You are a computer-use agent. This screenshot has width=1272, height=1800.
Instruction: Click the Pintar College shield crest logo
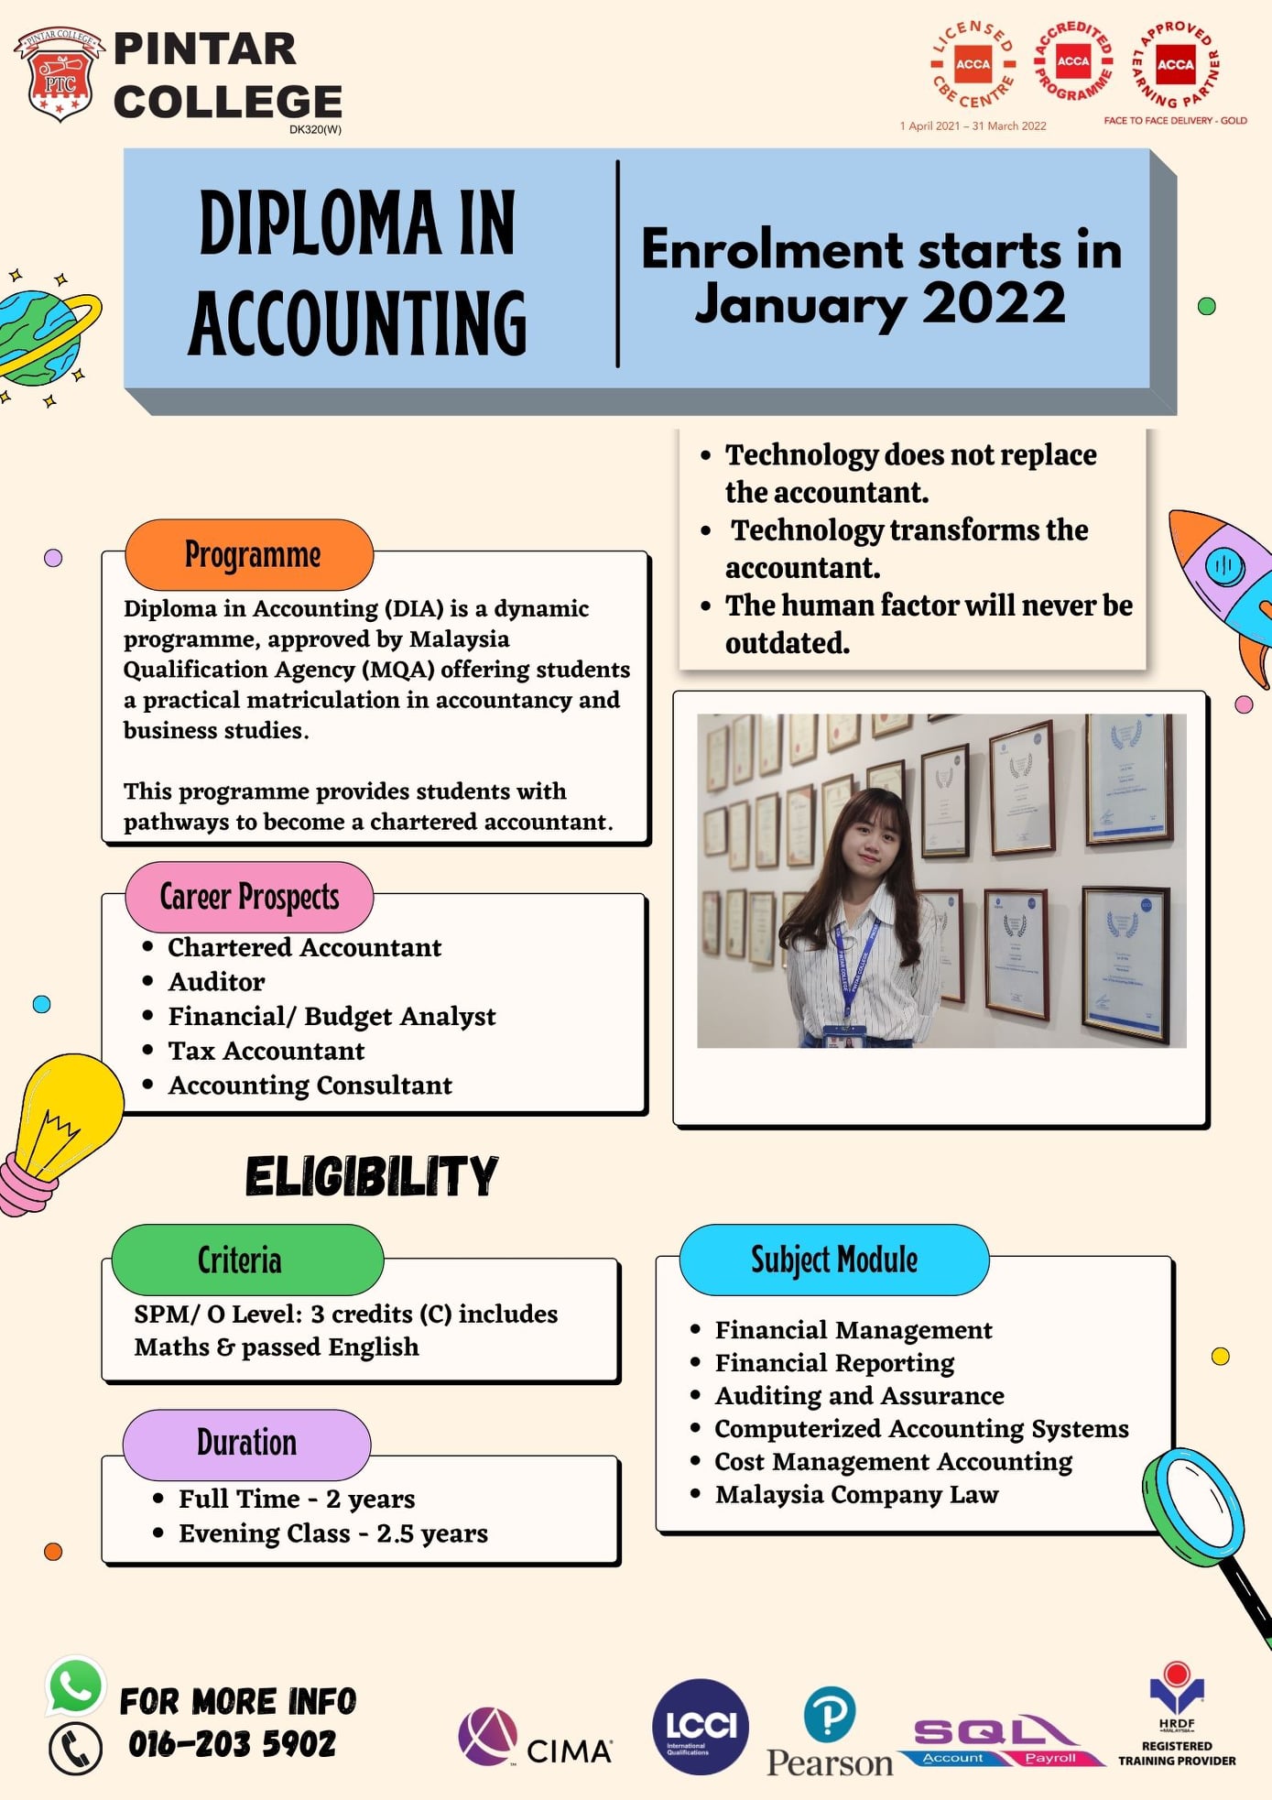click(60, 75)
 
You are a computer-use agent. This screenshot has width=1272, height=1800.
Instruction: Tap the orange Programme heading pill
click(249, 555)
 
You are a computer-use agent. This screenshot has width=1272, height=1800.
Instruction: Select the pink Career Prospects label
click(249, 897)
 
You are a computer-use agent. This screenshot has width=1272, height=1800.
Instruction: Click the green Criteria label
click(247, 1260)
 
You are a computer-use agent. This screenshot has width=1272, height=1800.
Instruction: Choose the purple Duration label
click(246, 1444)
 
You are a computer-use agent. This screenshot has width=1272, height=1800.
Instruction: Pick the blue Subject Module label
click(833, 1260)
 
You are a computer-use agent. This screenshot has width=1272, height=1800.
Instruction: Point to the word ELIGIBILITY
click(371, 1176)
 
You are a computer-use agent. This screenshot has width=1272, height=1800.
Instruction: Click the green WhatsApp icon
click(75, 1686)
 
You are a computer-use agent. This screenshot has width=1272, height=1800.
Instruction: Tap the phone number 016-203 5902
click(232, 1744)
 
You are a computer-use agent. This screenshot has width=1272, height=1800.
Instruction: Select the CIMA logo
click(535, 1738)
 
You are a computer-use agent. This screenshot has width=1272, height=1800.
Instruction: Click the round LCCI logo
click(701, 1727)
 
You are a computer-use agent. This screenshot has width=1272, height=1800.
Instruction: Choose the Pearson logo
click(830, 1734)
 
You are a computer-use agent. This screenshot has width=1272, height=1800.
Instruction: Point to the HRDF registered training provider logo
click(1177, 1715)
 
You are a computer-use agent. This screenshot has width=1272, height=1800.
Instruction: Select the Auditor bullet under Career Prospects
click(216, 982)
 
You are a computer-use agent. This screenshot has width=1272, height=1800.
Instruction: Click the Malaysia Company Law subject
click(856, 1495)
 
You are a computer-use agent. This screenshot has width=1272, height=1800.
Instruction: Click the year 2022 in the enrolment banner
click(994, 303)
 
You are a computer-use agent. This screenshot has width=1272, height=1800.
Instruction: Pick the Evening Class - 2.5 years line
click(333, 1533)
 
